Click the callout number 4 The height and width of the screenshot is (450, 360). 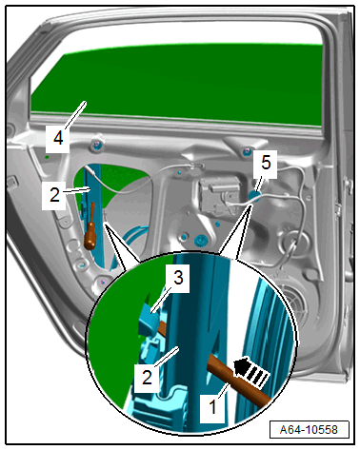pos(58,139)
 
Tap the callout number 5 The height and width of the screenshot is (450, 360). pos(266,163)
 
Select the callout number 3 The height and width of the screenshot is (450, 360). pos(178,278)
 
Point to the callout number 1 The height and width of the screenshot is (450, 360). pos(212,407)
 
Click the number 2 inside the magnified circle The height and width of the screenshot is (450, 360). pos(147,378)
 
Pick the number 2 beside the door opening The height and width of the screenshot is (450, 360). pos(54,195)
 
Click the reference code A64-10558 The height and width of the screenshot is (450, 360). pos(309,430)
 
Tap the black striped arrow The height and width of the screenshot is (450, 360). pos(250,373)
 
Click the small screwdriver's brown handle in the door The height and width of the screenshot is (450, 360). pos(90,239)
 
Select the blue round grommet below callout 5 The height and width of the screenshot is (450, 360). pos(254,196)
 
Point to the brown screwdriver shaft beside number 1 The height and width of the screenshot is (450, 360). pos(238,383)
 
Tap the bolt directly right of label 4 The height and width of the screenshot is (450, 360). pos(95,146)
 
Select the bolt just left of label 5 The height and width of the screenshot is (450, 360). pos(246,151)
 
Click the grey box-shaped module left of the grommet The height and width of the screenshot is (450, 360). pos(219,194)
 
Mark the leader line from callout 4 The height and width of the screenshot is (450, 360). pos(75,115)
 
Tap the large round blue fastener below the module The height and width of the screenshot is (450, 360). pos(200,241)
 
